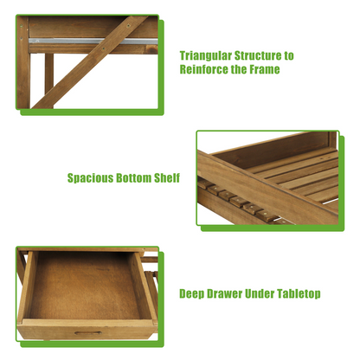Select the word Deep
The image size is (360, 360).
[193, 293]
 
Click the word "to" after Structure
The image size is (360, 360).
[289, 55]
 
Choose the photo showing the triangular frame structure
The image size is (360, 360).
[87, 62]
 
